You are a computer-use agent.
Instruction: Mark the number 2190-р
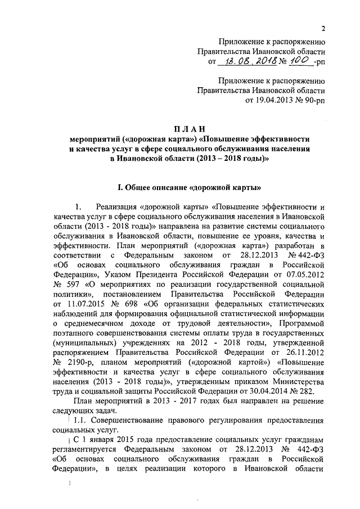coord(84,363)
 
